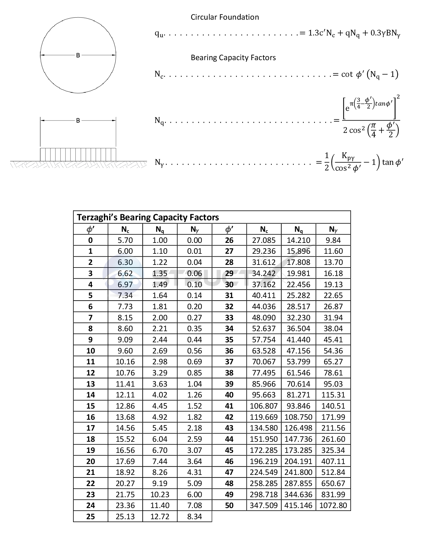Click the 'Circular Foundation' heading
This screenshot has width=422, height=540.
[x=225, y=17]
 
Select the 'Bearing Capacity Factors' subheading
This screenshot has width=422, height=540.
[x=233, y=58]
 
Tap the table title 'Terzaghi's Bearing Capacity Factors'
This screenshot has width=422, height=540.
[x=148, y=217]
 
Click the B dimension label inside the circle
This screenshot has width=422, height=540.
[x=78, y=55]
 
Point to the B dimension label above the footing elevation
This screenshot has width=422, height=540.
[x=78, y=121]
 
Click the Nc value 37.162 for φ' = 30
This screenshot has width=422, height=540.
[x=264, y=285]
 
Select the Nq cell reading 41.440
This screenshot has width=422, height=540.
[x=298, y=340]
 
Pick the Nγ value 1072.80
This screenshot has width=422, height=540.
[x=333, y=505]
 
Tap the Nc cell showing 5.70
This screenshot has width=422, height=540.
[x=125, y=240]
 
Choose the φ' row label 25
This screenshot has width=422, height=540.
[x=91, y=517]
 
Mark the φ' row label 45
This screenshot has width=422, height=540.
[x=229, y=450]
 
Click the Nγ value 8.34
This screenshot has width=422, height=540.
[x=195, y=517]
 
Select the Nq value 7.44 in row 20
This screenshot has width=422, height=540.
[x=160, y=461]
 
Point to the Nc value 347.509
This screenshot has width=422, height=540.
[x=264, y=505]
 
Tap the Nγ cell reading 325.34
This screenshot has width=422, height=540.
[x=333, y=450]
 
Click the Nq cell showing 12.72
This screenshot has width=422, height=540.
[x=160, y=517]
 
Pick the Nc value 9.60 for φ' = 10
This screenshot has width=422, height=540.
[x=125, y=351]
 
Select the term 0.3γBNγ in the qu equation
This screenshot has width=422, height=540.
[x=385, y=33]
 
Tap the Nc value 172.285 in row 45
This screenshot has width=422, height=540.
[x=264, y=450]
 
